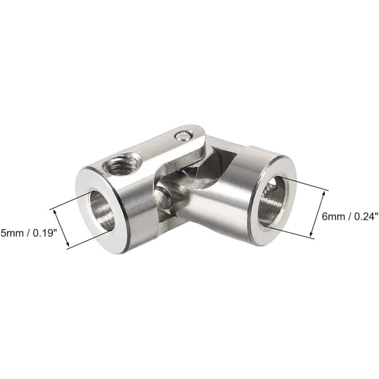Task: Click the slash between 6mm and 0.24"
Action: [347, 217]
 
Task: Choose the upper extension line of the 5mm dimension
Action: [71, 201]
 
